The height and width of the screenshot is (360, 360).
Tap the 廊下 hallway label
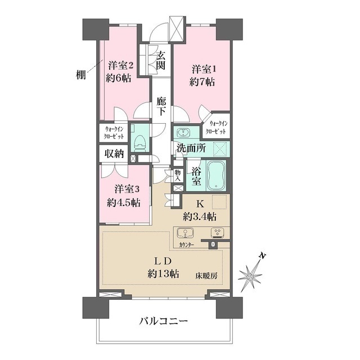[x=161, y=106]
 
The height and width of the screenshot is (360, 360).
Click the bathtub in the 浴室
[x=217, y=175]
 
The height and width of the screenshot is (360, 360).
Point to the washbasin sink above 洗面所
[x=183, y=133]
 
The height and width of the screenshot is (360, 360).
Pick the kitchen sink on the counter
[x=185, y=233]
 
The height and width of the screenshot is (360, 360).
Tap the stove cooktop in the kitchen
[x=218, y=233]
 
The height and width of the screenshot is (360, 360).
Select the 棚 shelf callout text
[x=81, y=75]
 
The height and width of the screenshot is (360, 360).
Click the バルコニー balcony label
[x=164, y=321]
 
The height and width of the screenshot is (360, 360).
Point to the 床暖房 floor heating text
[x=206, y=275]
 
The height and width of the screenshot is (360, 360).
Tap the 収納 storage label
[x=114, y=154]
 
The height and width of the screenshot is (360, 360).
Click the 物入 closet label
[x=178, y=175]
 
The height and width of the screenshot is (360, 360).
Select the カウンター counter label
[x=187, y=245]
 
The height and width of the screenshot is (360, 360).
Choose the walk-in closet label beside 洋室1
[x=215, y=128]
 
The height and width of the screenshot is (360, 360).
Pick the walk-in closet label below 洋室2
[x=114, y=133]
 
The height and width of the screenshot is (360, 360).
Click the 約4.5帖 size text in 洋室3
[x=124, y=202]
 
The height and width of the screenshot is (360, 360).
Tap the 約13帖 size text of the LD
[x=163, y=273]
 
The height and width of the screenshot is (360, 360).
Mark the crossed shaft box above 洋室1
[x=177, y=29]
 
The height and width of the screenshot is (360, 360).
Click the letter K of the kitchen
[x=200, y=204]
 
